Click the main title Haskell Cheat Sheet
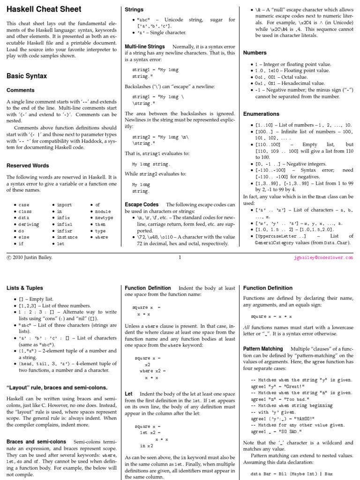[44, 9]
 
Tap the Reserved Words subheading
[28, 165]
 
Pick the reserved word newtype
[104, 218]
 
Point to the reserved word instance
[67, 237]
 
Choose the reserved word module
[103, 211]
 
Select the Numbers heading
[255, 52]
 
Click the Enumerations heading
[261, 113]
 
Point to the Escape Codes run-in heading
[142, 205]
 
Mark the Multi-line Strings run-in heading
[144, 47]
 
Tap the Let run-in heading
[128, 394]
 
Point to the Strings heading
[134, 9]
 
